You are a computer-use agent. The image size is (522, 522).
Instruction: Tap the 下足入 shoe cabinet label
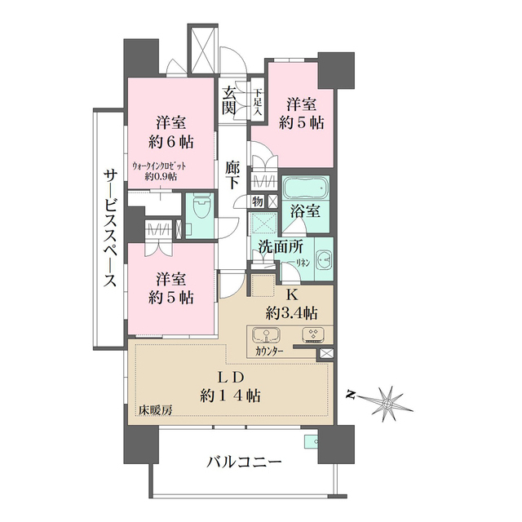258,101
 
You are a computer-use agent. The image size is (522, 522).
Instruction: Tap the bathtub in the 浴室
305,188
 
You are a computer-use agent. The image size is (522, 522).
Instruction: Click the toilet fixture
199,211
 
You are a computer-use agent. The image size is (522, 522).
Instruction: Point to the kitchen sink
267,334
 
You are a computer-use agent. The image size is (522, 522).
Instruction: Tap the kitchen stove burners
313,334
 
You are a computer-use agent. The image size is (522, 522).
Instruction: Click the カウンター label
270,352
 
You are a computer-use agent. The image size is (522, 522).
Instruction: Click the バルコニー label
243,462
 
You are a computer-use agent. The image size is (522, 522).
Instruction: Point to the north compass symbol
387,400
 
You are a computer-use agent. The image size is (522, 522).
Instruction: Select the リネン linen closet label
303,263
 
